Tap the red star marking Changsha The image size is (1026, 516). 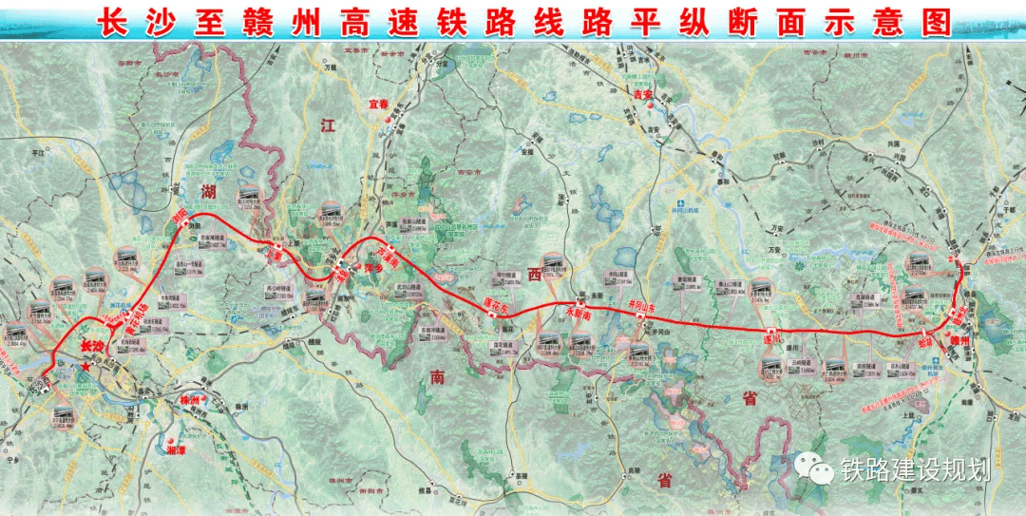[x=87, y=365]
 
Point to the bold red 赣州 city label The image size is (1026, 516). [x=959, y=339]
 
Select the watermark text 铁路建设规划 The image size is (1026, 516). [x=916, y=468]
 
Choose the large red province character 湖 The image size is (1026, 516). [x=211, y=195]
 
